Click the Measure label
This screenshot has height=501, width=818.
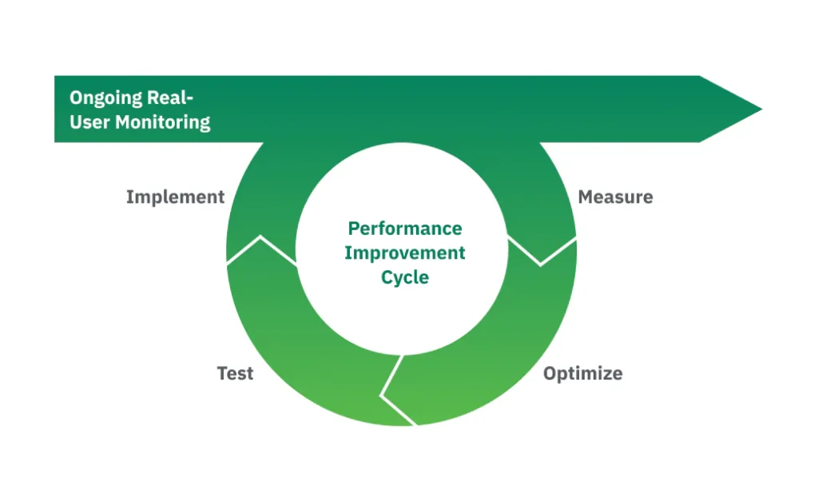[615, 197]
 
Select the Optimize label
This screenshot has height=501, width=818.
[582, 373]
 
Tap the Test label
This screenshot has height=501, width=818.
[235, 373]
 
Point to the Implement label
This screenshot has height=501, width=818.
[175, 197]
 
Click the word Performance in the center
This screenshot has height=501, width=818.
[405, 229]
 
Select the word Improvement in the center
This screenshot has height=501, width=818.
[405, 253]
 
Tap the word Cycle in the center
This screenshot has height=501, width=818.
[405, 278]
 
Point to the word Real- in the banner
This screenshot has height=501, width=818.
[170, 97]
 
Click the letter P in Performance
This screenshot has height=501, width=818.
[353, 229]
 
